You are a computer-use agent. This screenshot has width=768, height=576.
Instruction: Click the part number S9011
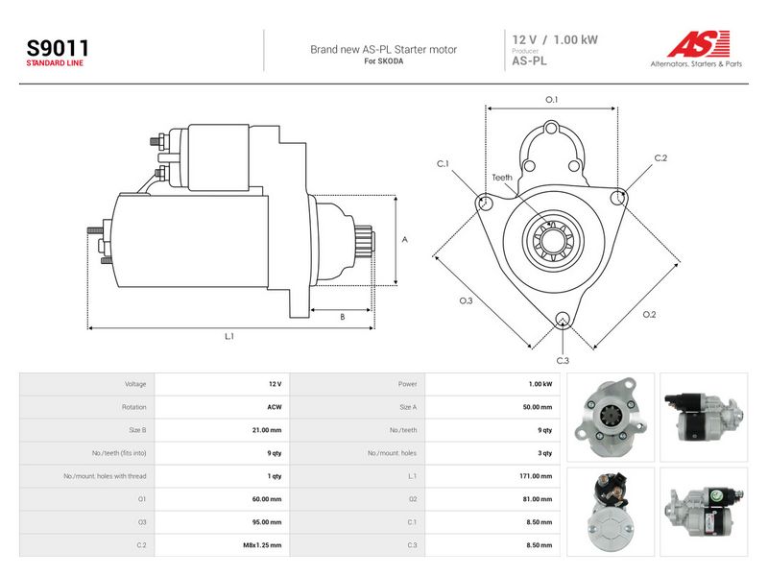58,48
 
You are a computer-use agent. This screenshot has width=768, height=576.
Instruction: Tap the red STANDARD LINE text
55,63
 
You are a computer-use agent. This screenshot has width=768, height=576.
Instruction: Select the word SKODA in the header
391,61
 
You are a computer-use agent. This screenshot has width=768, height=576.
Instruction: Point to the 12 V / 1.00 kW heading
555,39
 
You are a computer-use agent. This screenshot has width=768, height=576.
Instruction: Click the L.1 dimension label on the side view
229,337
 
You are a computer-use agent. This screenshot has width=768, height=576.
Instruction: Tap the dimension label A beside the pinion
404,239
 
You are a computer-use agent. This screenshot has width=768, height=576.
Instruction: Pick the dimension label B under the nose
343,317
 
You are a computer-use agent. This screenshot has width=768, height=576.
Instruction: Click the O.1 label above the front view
551,100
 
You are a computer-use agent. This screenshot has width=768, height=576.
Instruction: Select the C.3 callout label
563,361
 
